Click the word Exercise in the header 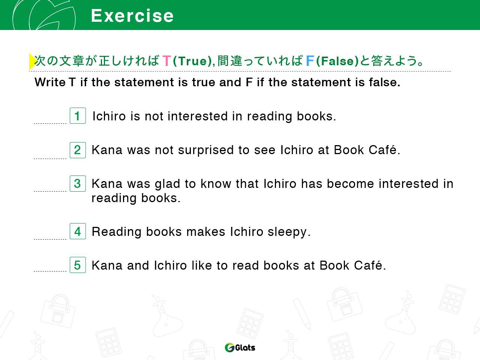click(132, 16)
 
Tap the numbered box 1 click(78, 115)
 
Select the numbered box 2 click(78, 150)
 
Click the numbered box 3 click(78, 183)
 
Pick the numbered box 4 click(78, 231)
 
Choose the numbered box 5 click(78, 265)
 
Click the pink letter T click(166, 61)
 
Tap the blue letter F click(310, 61)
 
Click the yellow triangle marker click(32, 61)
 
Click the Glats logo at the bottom click(240, 347)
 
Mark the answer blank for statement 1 click(50, 123)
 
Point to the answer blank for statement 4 click(50, 239)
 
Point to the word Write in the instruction click(50, 82)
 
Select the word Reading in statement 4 click(117, 232)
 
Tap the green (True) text click(192, 61)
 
